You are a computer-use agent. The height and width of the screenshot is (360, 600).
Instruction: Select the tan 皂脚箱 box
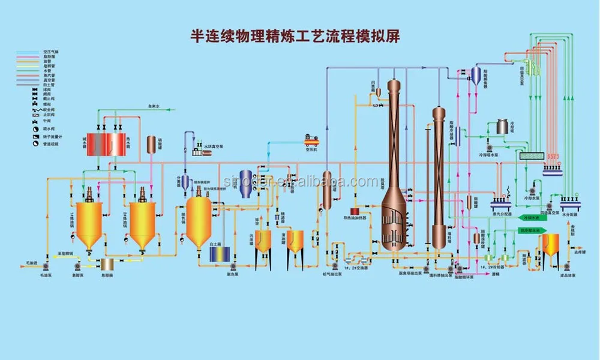[x=109, y=263]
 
